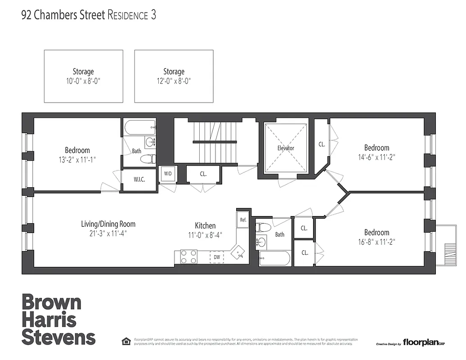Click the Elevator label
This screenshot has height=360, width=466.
tap(286, 148)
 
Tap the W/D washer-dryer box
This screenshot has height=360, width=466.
tap(167, 174)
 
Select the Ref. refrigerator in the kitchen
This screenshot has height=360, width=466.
tap(243, 220)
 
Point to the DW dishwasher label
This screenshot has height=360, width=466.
tap(217, 257)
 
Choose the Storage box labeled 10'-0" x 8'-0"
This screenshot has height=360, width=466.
tap(83, 76)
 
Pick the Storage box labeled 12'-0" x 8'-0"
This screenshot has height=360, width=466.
tap(174, 76)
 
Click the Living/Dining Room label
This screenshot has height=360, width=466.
tap(108, 224)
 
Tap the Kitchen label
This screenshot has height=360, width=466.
tap(205, 226)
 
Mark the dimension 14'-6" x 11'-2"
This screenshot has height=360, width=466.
tap(376, 157)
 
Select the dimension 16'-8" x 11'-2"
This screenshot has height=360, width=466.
tap(376, 243)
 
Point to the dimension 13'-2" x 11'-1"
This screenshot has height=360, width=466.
tap(77, 160)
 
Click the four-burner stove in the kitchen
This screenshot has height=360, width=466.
tap(189, 257)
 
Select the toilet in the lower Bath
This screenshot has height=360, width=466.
tap(264, 227)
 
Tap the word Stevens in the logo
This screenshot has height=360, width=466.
tap(58, 337)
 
